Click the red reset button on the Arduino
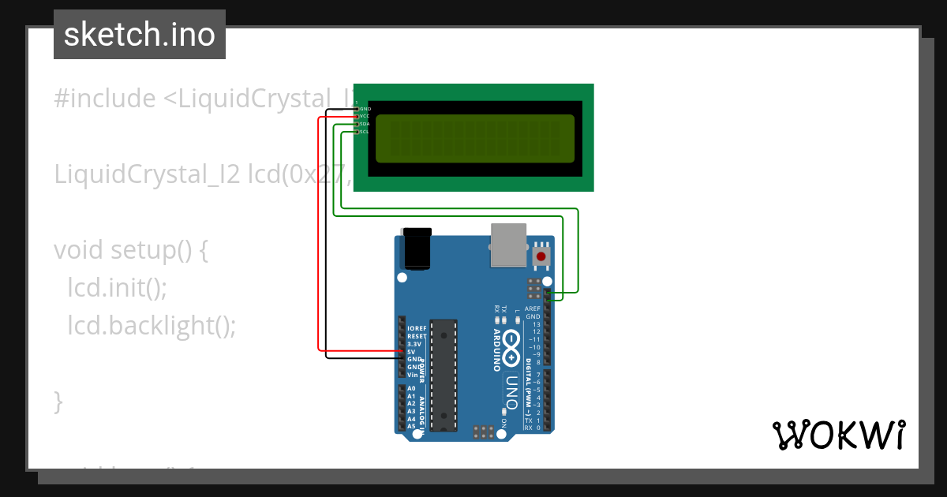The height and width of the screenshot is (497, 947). pos(541,256)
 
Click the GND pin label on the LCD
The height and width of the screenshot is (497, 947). pos(365,108)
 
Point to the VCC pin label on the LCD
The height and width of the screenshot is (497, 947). pos(365,116)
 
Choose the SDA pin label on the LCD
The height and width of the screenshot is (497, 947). pos(365,124)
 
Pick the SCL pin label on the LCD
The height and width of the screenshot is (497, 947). pos(365,132)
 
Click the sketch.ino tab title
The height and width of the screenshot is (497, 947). pos(140,35)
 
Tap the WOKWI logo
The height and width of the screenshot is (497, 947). pos(838,435)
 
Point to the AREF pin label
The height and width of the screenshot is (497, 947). pos(533,308)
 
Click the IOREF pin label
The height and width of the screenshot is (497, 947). pos(417,328)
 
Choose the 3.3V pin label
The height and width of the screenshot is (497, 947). pos(415,344)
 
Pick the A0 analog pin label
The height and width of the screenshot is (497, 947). pos(411,389)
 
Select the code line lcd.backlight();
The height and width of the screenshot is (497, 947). pos(152,325)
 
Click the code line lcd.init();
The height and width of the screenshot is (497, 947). pos(117,288)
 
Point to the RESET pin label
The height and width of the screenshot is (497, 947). pos(417,336)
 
